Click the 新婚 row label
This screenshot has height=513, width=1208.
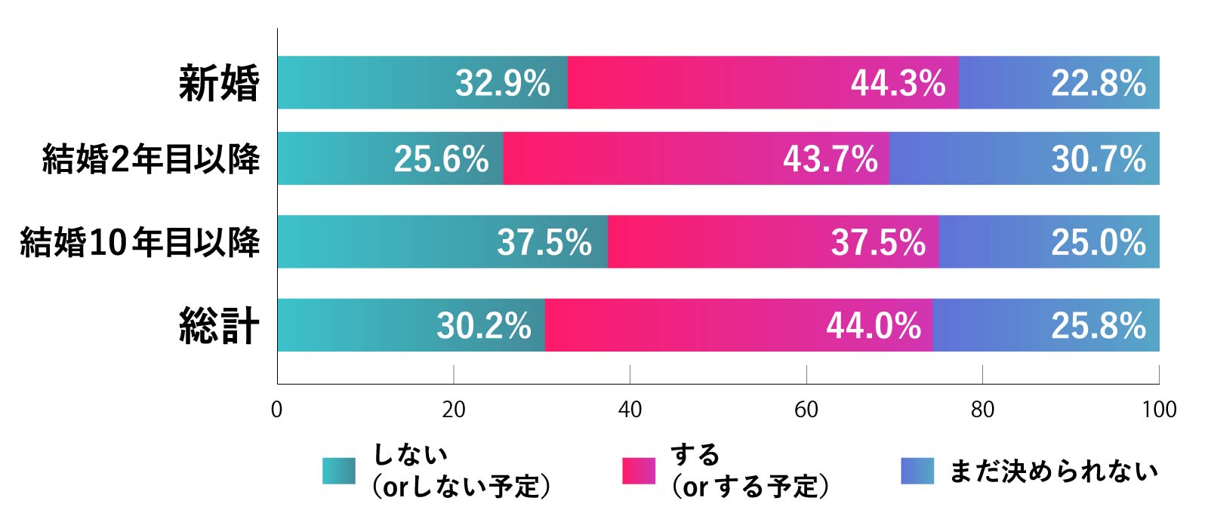[x=219, y=83]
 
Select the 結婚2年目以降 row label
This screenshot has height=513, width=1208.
[x=151, y=159]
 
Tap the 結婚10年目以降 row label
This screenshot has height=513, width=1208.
[x=140, y=242]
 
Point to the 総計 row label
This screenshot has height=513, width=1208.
[x=219, y=326]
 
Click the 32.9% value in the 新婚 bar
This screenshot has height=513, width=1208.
[x=502, y=83]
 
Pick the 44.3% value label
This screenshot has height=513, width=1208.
[x=898, y=83]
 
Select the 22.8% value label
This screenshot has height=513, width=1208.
[x=1099, y=83]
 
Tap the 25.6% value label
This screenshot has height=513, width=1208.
[x=441, y=159]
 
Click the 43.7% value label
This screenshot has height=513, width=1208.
[x=830, y=159]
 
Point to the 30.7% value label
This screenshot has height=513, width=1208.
[x=1099, y=159]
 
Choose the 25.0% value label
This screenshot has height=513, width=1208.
[x=1099, y=242]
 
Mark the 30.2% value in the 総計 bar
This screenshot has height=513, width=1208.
[x=483, y=326]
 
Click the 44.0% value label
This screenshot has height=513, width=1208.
[x=873, y=326]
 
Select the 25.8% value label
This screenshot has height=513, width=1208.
[x=1099, y=326]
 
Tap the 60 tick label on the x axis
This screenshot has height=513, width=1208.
[x=806, y=410]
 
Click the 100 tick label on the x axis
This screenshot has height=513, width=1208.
[x=1159, y=410]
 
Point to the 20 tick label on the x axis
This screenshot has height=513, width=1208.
[x=453, y=410]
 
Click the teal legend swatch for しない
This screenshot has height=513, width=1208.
[x=338, y=471]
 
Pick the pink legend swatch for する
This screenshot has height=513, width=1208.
[x=639, y=471]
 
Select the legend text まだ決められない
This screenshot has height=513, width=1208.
[x=1052, y=472]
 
